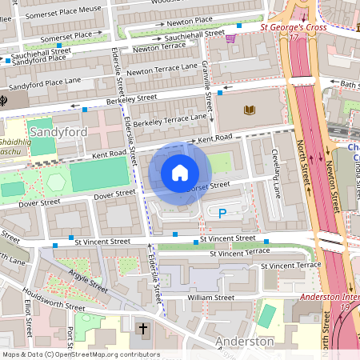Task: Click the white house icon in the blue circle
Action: point(180,173)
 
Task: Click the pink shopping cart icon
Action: point(231,38)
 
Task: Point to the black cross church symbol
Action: point(143,330)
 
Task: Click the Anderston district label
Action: point(246,342)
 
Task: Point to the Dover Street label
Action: point(115,194)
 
